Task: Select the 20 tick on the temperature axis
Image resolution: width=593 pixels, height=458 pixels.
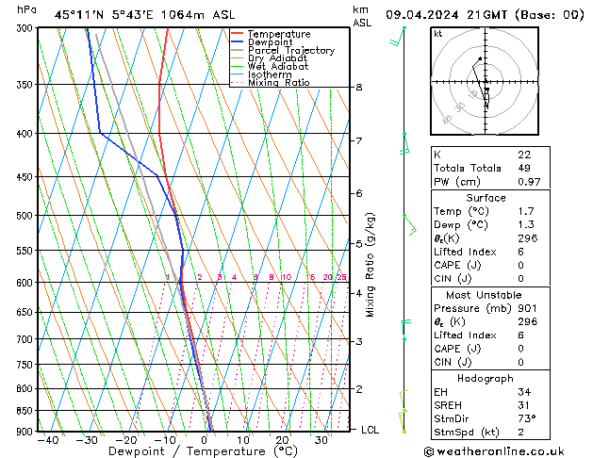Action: (x=282, y=440)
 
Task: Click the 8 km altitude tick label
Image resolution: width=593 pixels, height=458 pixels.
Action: (x=358, y=88)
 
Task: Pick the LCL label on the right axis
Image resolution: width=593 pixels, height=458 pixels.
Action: (x=371, y=430)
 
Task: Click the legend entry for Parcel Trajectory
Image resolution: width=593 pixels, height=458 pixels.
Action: (x=290, y=50)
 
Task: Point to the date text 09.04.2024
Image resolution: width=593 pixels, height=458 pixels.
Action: (x=420, y=15)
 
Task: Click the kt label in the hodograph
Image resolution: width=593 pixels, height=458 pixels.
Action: (x=438, y=33)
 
